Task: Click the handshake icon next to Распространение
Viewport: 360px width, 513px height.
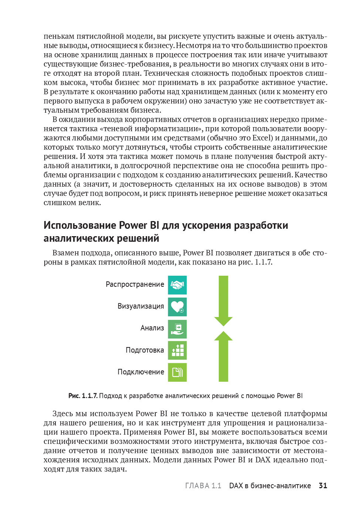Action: pos(177,285)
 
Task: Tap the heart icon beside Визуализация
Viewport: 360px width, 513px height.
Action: pos(177,307)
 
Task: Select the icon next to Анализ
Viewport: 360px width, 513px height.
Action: pos(177,329)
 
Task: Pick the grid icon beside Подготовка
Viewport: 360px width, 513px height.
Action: pos(177,350)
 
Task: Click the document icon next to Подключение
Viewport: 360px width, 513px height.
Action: pos(177,372)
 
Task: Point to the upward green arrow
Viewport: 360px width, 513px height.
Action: pos(223,356)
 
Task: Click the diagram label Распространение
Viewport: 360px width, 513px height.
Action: pos(135,285)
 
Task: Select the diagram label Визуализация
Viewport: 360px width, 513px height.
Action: pos(141,306)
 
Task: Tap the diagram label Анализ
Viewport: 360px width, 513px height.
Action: pos(152,328)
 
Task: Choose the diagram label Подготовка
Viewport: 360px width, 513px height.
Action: pos(145,350)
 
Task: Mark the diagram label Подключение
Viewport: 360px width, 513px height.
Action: pos(141,372)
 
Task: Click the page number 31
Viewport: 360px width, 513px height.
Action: pos(323,486)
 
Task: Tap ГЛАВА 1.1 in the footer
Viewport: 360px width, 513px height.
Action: pos(203,486)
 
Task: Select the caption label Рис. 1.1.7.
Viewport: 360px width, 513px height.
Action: pos(83,396)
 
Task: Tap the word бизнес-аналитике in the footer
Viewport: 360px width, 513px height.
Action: pos(281,486)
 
